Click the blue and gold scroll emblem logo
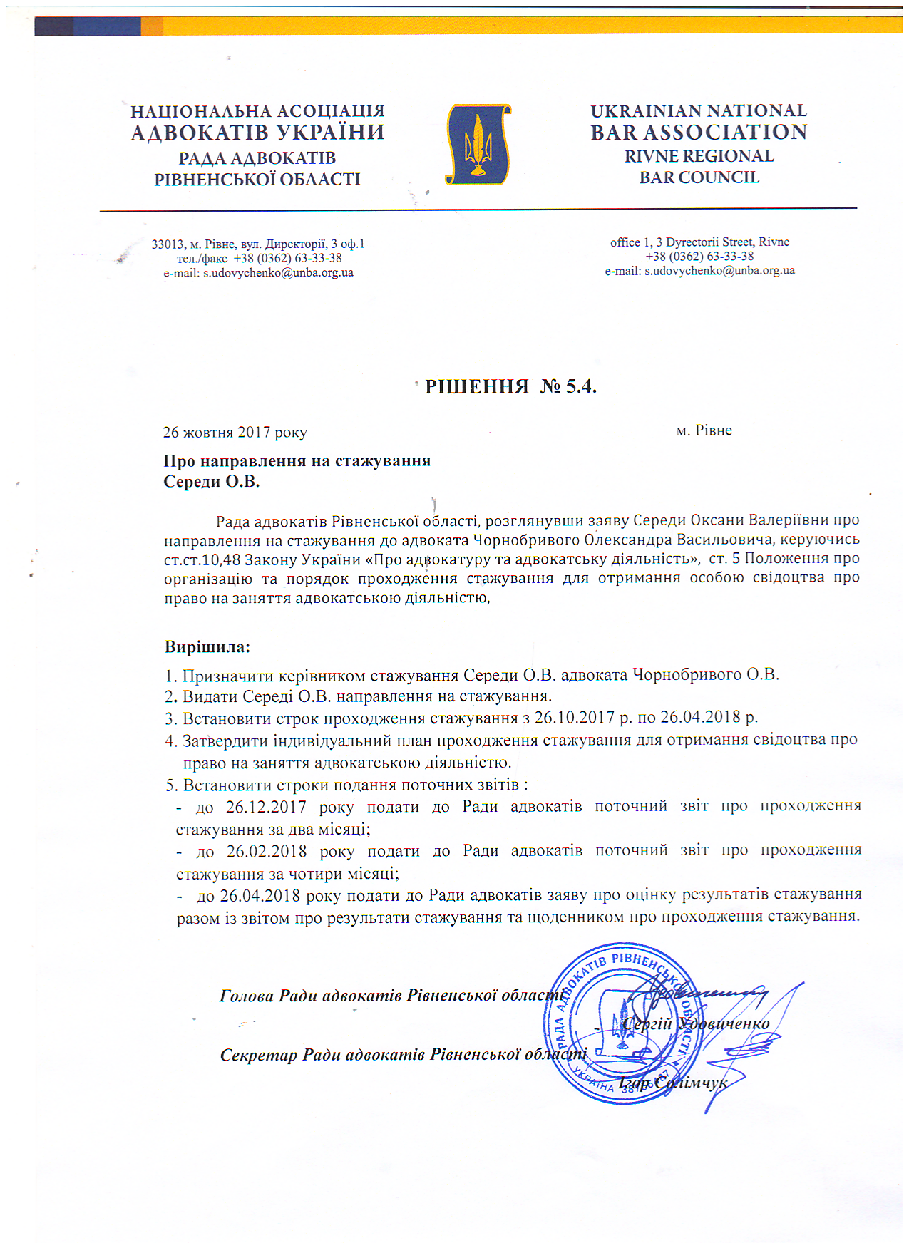478,144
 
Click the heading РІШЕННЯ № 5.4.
510,386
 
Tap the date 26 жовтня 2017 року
235,432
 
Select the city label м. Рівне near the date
704,430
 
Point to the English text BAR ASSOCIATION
699,133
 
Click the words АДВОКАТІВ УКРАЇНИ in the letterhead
257,133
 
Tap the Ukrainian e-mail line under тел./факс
258,272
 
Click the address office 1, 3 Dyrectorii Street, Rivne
699,242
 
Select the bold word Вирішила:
207,647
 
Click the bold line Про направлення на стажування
297,460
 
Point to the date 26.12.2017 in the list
266,807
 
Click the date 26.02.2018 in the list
267,851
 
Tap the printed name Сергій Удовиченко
695,1024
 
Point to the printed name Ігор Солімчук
673,1083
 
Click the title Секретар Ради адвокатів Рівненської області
403,1054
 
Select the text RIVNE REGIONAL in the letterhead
699,156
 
